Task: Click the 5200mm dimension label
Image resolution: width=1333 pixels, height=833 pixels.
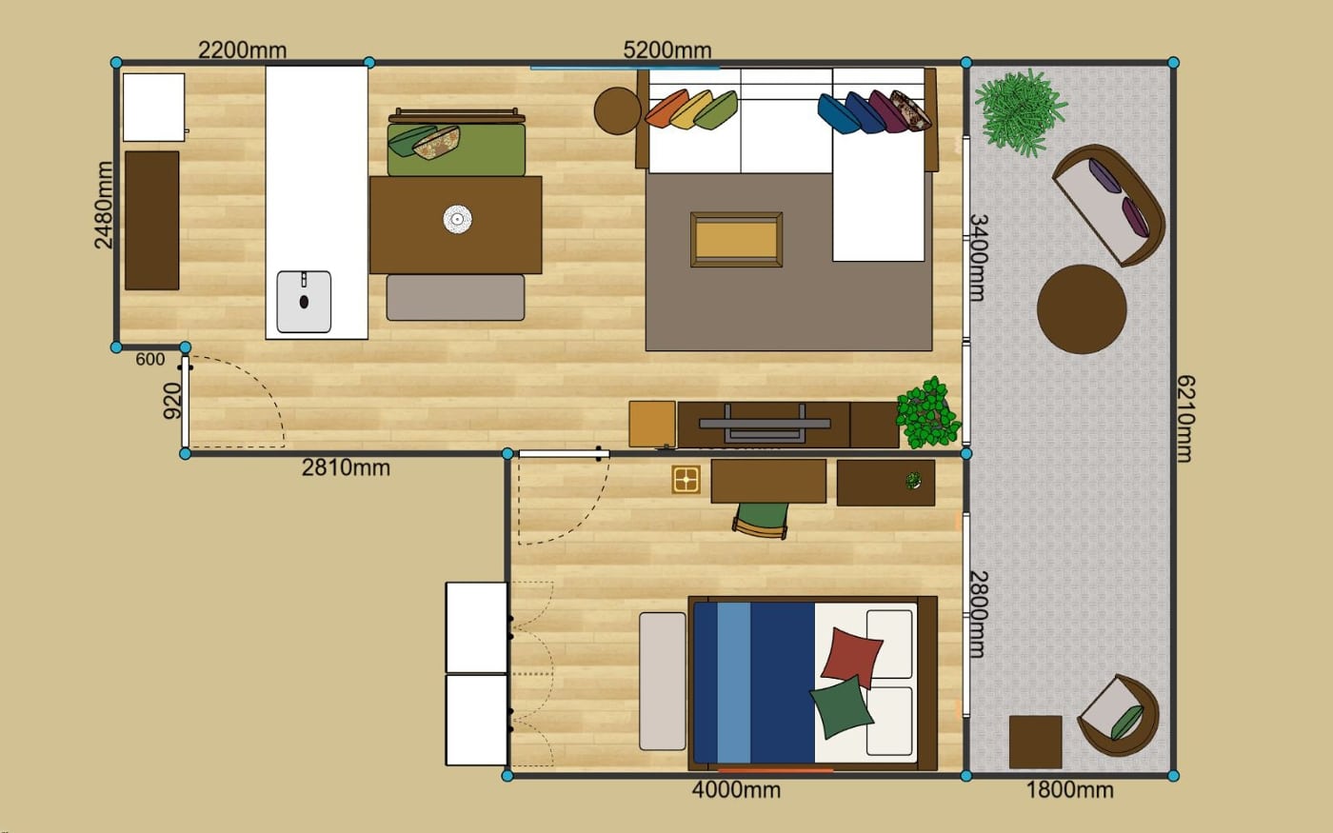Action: [667, 50]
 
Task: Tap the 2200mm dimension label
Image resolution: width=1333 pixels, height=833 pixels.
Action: [242, 50]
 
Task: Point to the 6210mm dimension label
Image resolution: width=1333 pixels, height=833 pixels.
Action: [1184, 418]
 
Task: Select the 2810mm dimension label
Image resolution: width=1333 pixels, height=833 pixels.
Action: [346, 468]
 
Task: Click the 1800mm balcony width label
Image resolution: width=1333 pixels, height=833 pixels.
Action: [1069, 790]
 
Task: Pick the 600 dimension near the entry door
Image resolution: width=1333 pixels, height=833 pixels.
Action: [150, 360]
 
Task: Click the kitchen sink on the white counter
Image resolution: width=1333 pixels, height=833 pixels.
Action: [304, 302]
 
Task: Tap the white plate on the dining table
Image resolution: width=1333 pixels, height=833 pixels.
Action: [457, 220]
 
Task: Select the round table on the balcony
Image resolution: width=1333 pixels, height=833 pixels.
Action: [1082, 309]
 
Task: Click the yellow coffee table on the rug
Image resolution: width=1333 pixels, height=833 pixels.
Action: [736, 240]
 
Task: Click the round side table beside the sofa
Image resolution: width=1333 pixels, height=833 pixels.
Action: [618, 111]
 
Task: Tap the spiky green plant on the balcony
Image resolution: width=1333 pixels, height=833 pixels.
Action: [1021, 112]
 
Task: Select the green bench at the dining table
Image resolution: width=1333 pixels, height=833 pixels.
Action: [456, 143]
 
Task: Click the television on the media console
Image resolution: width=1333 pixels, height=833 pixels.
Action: [765, 423]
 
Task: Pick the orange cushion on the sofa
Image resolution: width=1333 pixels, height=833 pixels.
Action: [667, 109]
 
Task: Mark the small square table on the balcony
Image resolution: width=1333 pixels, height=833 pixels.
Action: [1036, 742]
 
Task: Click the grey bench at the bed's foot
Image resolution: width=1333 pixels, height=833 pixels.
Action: [663, 682]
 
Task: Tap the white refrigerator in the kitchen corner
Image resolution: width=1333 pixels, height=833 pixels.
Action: [153, 108]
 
